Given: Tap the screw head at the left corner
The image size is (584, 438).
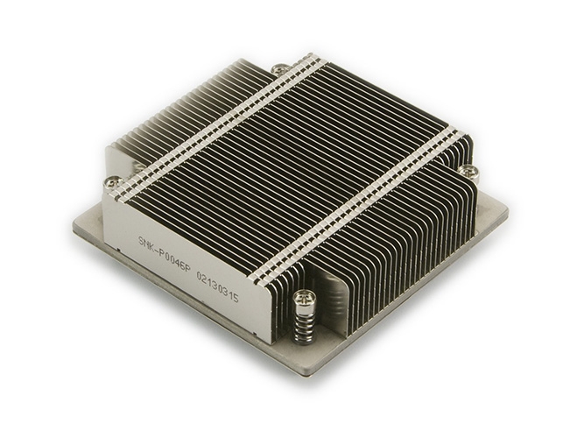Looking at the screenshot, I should [x=112, y=182].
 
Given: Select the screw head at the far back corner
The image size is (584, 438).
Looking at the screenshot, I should [x=279, y=67].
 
